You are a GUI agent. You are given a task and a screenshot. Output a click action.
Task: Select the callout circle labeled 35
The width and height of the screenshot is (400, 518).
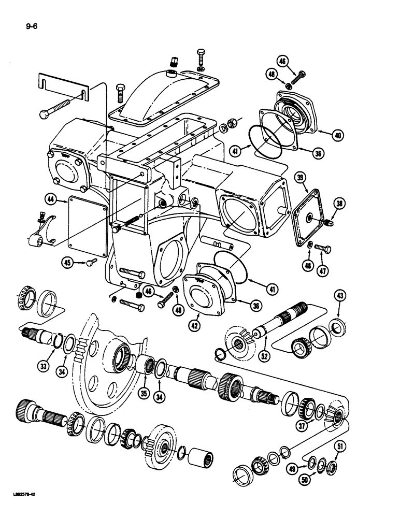[x=144, y=394]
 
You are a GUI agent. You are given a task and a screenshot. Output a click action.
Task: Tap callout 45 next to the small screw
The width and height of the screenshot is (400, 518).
[x=68, y=263]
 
